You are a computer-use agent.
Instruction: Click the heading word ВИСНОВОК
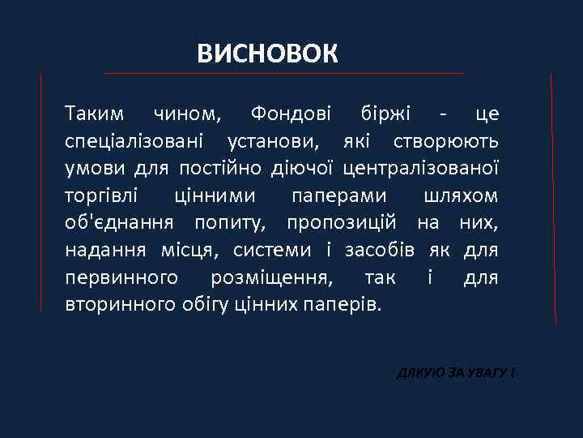coord(267,54)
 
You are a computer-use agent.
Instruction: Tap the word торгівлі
coord(100,196)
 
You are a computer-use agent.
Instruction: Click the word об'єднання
coord(121,224)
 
